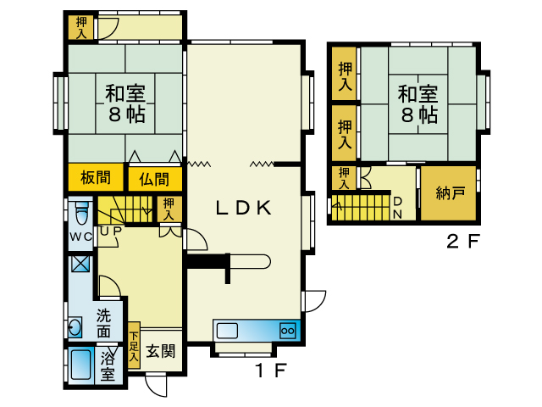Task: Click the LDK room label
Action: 243,208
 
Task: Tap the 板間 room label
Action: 96,177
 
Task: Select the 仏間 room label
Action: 154,179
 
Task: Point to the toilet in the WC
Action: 82,213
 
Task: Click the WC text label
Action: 81,237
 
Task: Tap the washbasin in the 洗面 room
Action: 75,326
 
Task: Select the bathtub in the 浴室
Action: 81,365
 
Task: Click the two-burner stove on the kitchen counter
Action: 288,331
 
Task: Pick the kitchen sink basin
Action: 227,331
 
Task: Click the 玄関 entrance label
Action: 161,351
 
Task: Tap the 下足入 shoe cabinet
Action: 134,345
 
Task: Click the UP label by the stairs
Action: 111,231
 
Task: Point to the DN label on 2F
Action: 397,208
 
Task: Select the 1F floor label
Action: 271,371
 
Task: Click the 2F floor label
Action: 463,241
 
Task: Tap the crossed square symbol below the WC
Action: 80,264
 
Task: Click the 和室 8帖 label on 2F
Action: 418,104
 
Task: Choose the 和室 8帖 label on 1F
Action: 125,103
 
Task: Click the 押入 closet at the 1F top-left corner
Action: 81,27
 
